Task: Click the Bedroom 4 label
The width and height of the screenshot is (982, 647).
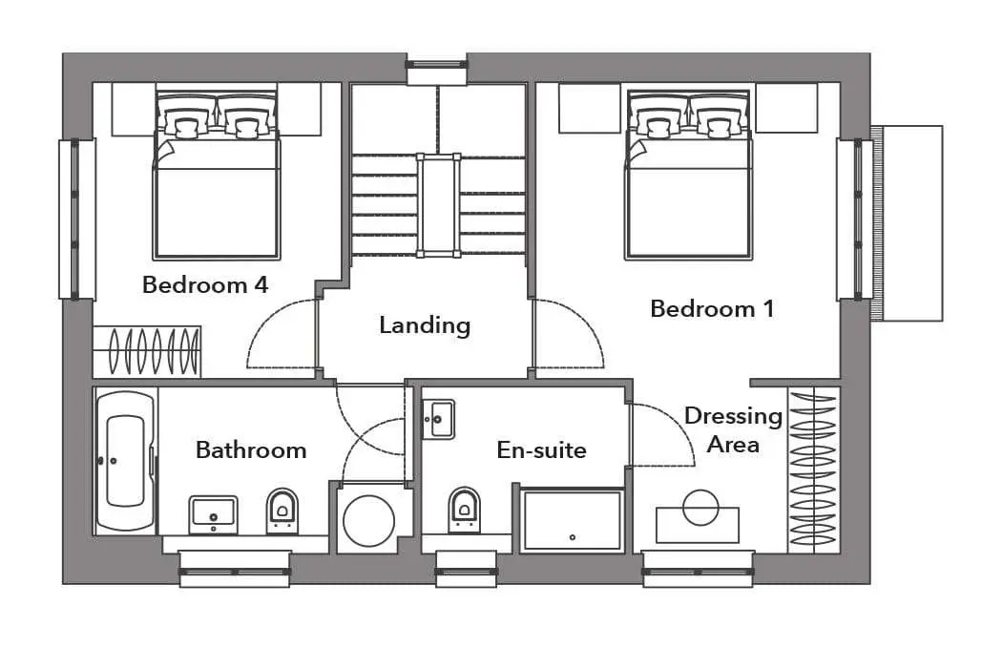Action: [205, 285]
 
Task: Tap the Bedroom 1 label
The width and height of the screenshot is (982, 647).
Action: [712, 309]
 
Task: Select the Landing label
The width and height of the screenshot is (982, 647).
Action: [425, 325]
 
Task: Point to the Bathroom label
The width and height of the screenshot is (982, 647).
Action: [250, 449]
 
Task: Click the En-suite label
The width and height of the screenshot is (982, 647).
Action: [541, 449]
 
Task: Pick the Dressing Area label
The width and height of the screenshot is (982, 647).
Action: [733, 429]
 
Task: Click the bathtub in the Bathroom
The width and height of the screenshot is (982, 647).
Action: [125, 461]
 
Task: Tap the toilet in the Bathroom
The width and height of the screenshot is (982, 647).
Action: [282, 511]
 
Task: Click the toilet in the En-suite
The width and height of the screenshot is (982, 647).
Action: [464, 510]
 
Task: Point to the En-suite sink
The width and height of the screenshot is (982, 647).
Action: [438, 419]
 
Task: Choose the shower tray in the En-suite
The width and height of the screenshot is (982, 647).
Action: [573, 520]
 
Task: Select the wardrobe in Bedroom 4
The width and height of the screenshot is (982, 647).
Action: [147, 351]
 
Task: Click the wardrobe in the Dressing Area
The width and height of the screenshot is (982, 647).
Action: [813, 470]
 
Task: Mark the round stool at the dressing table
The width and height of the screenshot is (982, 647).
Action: [700, 508]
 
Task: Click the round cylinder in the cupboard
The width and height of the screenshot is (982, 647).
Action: [369, 521]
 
